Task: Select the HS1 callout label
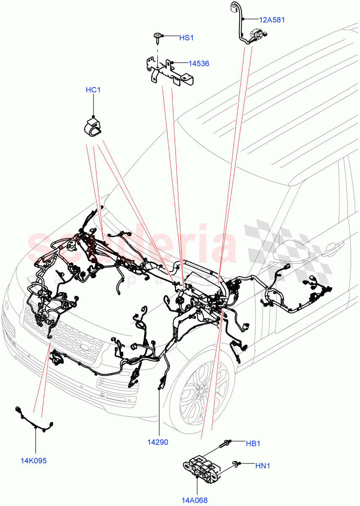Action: tap(186, 38)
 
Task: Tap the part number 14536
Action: tap(199, 64)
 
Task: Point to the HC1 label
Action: tap(93, 90)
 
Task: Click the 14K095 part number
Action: tap(33, 460)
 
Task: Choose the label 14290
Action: tap(158, 442)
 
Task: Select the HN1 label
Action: tap(263, 466)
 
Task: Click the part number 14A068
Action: tap(194, 501)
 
